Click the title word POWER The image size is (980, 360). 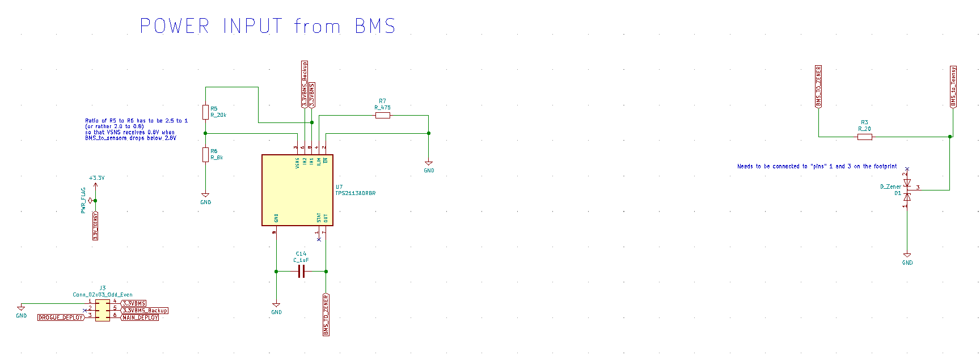coord(175,26)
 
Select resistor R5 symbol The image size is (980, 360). coord(205,112)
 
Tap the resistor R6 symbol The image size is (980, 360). coord(205,154)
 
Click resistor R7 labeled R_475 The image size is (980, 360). coord(383,116)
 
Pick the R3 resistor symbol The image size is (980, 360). coord(864,137)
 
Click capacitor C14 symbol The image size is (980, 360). coord(301,272)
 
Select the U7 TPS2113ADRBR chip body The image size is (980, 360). coord(297,190)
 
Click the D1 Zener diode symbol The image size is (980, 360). coord(907,190)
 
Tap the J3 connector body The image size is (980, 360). coord(103,310)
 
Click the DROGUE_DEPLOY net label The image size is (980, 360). coord(61,317)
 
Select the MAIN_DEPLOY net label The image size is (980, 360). coord(141,317)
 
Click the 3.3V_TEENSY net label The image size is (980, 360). coord(95,226)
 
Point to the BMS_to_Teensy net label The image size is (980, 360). coord(953,86)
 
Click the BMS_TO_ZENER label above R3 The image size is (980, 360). coord(818,86)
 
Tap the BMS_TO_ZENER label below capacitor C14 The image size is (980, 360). coord(326,315)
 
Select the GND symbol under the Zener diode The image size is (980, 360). coord(907,257)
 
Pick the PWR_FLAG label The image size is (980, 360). coord(84,200)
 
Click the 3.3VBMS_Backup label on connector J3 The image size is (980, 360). coord(145,311)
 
